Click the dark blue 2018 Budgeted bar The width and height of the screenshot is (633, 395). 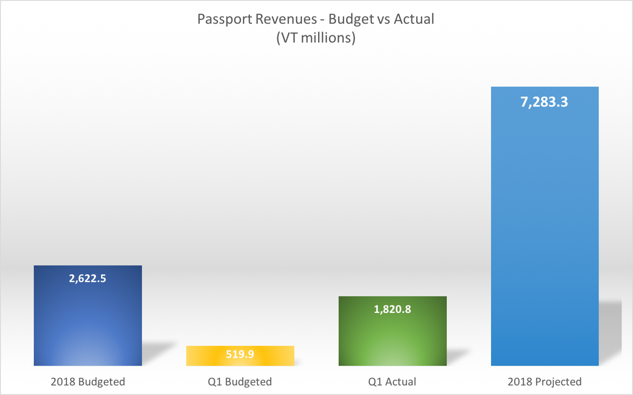click(x=88, y=321)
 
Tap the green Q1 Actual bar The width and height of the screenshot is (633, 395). click(x=392, y=337)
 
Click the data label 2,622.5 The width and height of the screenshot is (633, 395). click(x=88, y=279)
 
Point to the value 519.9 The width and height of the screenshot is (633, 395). click(x=240, y=354)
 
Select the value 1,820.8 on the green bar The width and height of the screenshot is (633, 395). click(x=392, y=310)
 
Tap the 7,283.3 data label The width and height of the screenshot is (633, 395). click(x=544, y=102)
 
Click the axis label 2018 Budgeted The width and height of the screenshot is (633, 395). click(x=88, y=382)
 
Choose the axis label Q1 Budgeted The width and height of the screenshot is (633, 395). click(x=240, y=382)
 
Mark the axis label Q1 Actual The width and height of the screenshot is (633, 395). click(x=392, y=382)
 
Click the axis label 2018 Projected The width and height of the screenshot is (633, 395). click(x=544, y=382)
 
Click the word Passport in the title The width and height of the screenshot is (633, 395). click(x=220, y=20)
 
